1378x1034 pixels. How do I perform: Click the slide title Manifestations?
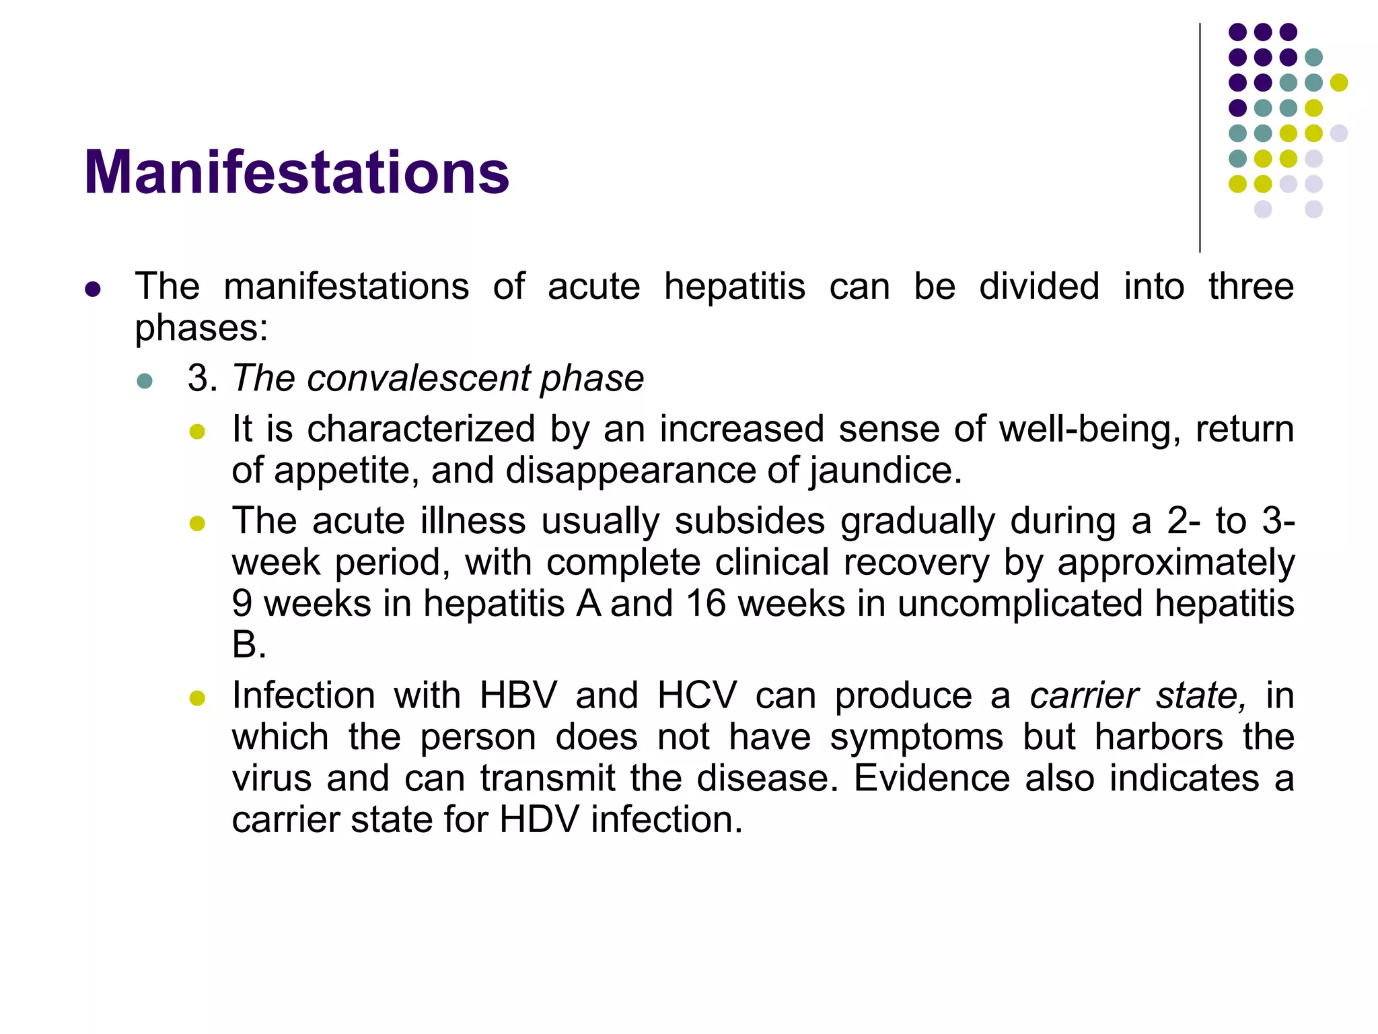tap(296, 173)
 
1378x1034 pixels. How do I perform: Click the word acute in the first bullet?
tap(593, 287)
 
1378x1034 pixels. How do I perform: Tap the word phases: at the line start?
tap(201, 329)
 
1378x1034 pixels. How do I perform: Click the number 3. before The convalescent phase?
tap(202, 378)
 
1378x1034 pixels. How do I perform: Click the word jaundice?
tap(885, 471)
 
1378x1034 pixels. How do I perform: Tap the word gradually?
tap(917, 522)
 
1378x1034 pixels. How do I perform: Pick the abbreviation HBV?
tap(518, 695)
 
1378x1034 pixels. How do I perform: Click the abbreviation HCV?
tap(697, 695)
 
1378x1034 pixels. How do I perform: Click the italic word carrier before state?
tap(1083, 695)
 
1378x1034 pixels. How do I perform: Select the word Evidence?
tap(931, 779)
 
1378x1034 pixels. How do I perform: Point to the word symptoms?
tap(916, 737)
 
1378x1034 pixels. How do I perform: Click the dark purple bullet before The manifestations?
tap(93, 290)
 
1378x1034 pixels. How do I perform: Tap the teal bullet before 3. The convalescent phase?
tap(145, 381)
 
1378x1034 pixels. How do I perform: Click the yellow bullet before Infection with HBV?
tap(197, 698)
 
